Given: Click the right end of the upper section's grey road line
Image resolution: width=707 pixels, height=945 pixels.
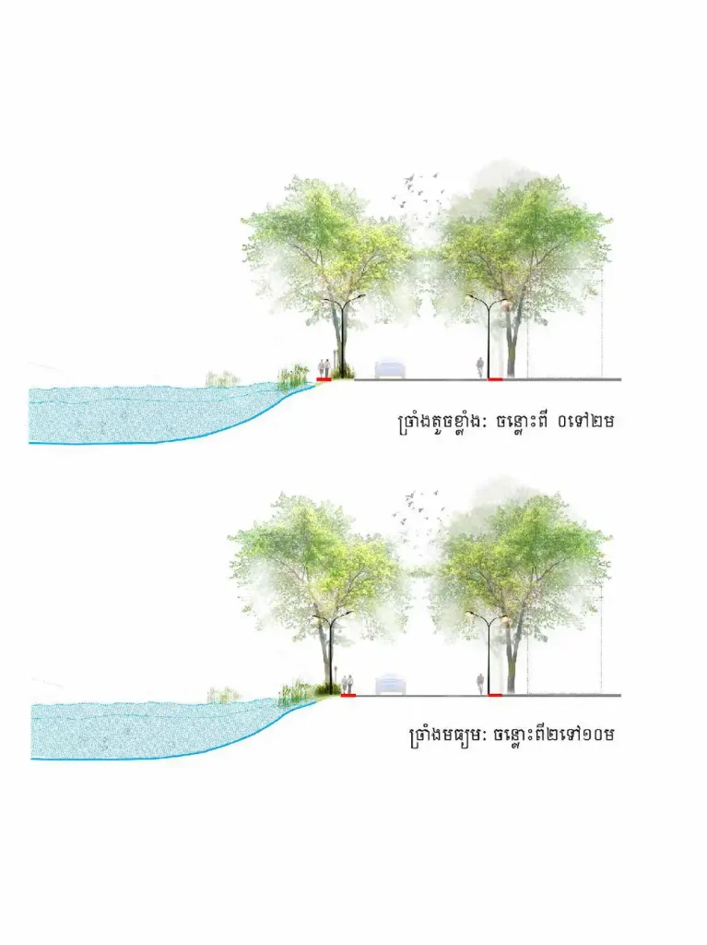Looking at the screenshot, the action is tap(621, 379).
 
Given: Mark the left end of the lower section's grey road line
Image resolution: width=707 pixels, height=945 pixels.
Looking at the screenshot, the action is tap(355, 696).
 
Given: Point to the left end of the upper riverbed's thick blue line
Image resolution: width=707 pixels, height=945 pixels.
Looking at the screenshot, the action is tap(29, 443).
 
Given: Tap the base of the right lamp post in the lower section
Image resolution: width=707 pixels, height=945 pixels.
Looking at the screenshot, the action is tap(489, 694).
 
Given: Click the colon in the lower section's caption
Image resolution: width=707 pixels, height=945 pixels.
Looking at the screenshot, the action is tap(486, 736).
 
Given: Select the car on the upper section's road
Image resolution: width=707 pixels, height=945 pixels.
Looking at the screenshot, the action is tap(390, 369).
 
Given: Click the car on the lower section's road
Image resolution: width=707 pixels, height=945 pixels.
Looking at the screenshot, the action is tap(391, 686).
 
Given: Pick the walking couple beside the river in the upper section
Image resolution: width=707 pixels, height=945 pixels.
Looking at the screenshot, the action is tap(324, 368).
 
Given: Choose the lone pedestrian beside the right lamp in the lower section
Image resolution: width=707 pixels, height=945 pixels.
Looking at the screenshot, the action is tap(480, 684).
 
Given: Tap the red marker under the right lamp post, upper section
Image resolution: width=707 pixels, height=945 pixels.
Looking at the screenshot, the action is tap(495, 379).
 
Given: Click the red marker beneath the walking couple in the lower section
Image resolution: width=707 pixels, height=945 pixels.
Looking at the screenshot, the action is tap(348, 696).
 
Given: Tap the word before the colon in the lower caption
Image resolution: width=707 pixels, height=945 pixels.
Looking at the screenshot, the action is tap(445, 736).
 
